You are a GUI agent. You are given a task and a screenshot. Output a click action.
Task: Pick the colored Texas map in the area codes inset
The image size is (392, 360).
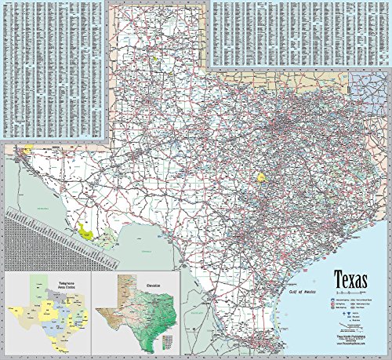point(47,314)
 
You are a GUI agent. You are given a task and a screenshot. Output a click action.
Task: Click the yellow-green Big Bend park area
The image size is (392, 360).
point(87,231)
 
